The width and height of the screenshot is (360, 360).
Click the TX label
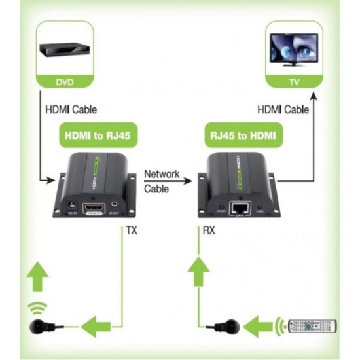point(130,230)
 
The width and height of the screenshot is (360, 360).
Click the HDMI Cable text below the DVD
point(66,110)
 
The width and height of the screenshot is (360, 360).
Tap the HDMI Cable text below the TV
point(283,110)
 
